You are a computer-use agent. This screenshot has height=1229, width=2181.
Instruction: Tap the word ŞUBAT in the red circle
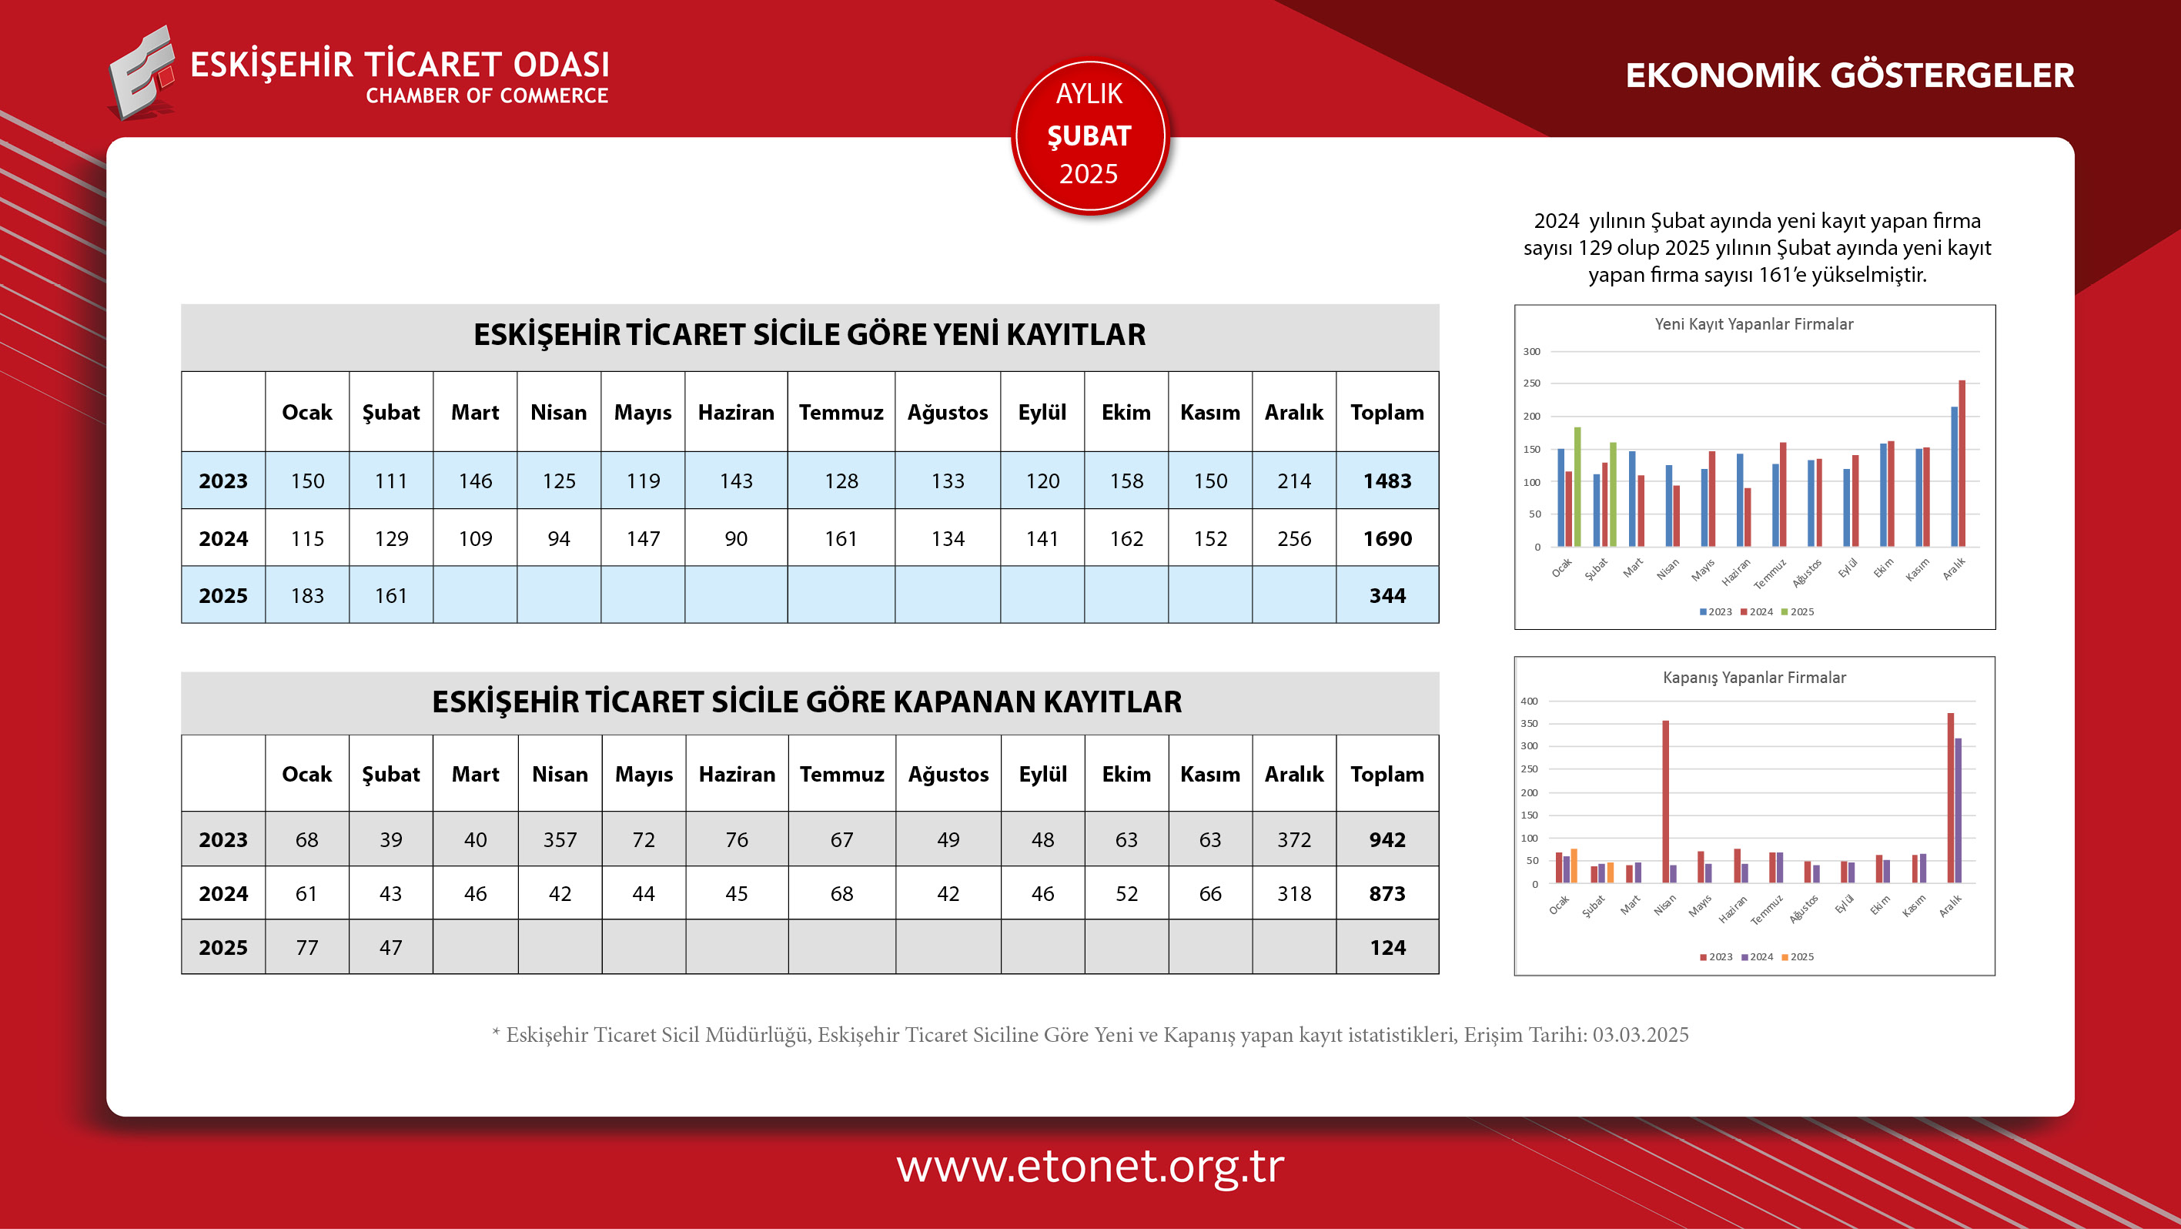(x=1089, y=136)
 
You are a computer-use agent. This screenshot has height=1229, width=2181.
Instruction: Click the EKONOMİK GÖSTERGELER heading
(x=1849, y=75)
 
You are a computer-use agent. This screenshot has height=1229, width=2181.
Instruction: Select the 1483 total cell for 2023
(x=1387, y=481)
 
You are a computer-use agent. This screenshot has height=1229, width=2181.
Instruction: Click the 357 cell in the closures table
(x=560, y=839)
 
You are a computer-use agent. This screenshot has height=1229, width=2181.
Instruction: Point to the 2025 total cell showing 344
(x=1387, y=595)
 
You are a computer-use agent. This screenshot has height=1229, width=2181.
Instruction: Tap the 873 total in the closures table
(x=1387, y=892)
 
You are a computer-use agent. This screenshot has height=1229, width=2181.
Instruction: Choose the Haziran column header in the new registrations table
(x=736, y=413)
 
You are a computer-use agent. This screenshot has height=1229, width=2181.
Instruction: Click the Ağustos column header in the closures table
(x=948, y=774)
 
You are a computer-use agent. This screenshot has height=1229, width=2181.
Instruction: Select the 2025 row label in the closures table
(x=222, y=947)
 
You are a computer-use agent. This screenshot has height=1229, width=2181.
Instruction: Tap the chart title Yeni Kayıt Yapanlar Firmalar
(x=1754, y=323)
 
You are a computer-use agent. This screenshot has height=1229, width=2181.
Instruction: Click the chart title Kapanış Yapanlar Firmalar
(x=1754, y=678)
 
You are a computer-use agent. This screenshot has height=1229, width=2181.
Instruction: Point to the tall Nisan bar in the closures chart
(x=1665, y=800)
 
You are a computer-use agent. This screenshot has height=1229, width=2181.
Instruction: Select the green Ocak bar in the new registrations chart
(x=1577, y=487)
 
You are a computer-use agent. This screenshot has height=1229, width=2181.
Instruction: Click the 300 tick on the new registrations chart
(x=1531, y=351)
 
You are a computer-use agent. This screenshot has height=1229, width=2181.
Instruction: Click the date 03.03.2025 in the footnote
(x=1640, y=1034)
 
